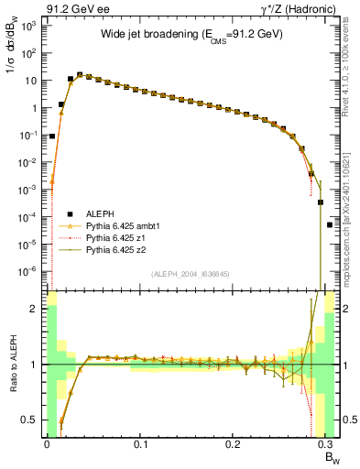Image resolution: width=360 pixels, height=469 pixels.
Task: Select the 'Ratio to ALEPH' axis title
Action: coord(12,364)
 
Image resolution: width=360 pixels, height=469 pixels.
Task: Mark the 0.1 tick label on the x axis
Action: coord(140,445)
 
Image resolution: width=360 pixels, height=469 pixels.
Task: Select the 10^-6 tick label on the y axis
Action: coord(29,270)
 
